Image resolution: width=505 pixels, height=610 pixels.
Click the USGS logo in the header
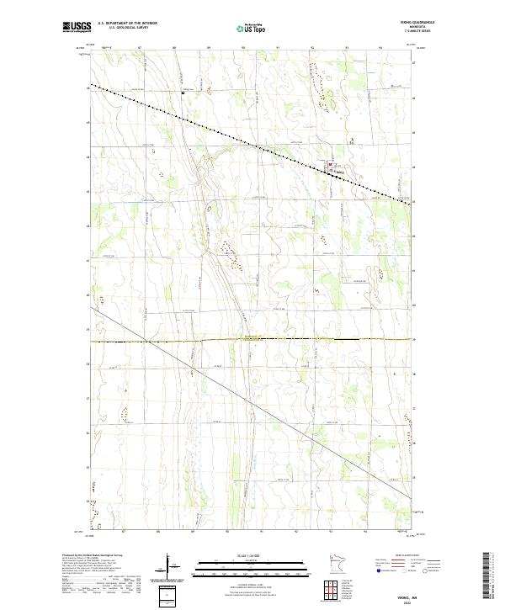[x=77, y=28]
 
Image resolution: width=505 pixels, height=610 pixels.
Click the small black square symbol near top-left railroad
[x=183, y=93]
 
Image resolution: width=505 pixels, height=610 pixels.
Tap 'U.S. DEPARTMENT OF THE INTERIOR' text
[x=127, y=24]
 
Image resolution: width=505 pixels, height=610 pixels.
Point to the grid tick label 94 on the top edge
[x=380, y=49]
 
